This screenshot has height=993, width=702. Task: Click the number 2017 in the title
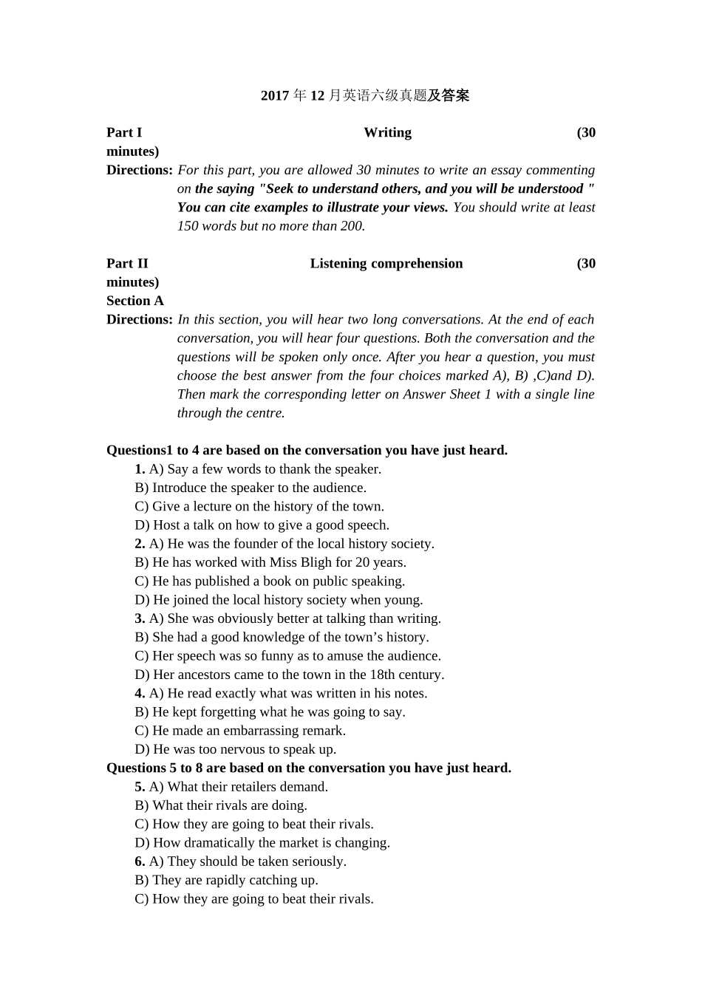coord(275,95)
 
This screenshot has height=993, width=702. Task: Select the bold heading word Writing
coord(387,133)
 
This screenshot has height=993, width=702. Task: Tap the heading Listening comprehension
coord(386,264)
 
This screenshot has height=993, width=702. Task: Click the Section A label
coord(135,301)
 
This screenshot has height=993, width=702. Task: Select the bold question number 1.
coord(140,469)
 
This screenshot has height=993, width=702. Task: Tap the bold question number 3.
coord(140,619)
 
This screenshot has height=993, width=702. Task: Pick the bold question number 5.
coord(140,787)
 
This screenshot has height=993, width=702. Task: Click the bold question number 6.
coord(140,861)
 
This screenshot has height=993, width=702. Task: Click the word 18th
coord(384,675)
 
